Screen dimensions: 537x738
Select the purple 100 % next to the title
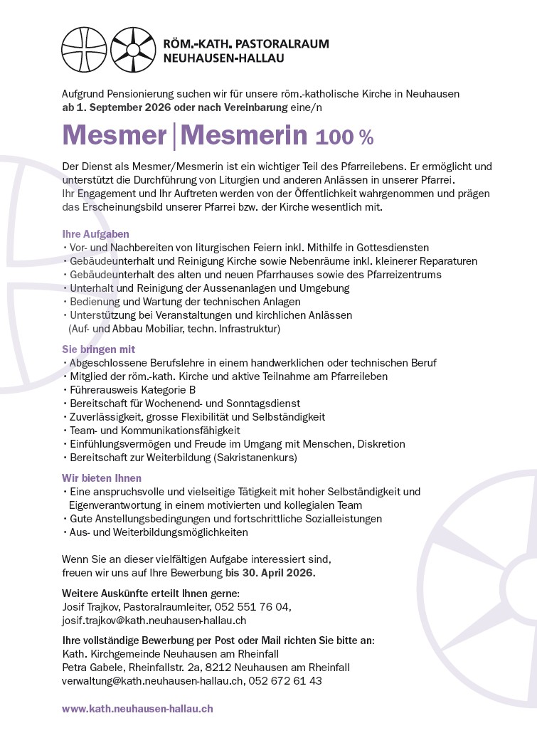344,136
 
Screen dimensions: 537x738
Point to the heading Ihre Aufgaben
95,233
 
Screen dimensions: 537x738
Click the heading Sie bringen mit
98,349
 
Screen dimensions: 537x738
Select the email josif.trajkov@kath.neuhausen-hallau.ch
154,619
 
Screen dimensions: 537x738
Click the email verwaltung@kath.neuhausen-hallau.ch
153,680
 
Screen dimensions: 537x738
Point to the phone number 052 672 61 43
286,680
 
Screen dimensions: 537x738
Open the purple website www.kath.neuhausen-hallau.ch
137,709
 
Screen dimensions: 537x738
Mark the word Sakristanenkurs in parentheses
257,457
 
